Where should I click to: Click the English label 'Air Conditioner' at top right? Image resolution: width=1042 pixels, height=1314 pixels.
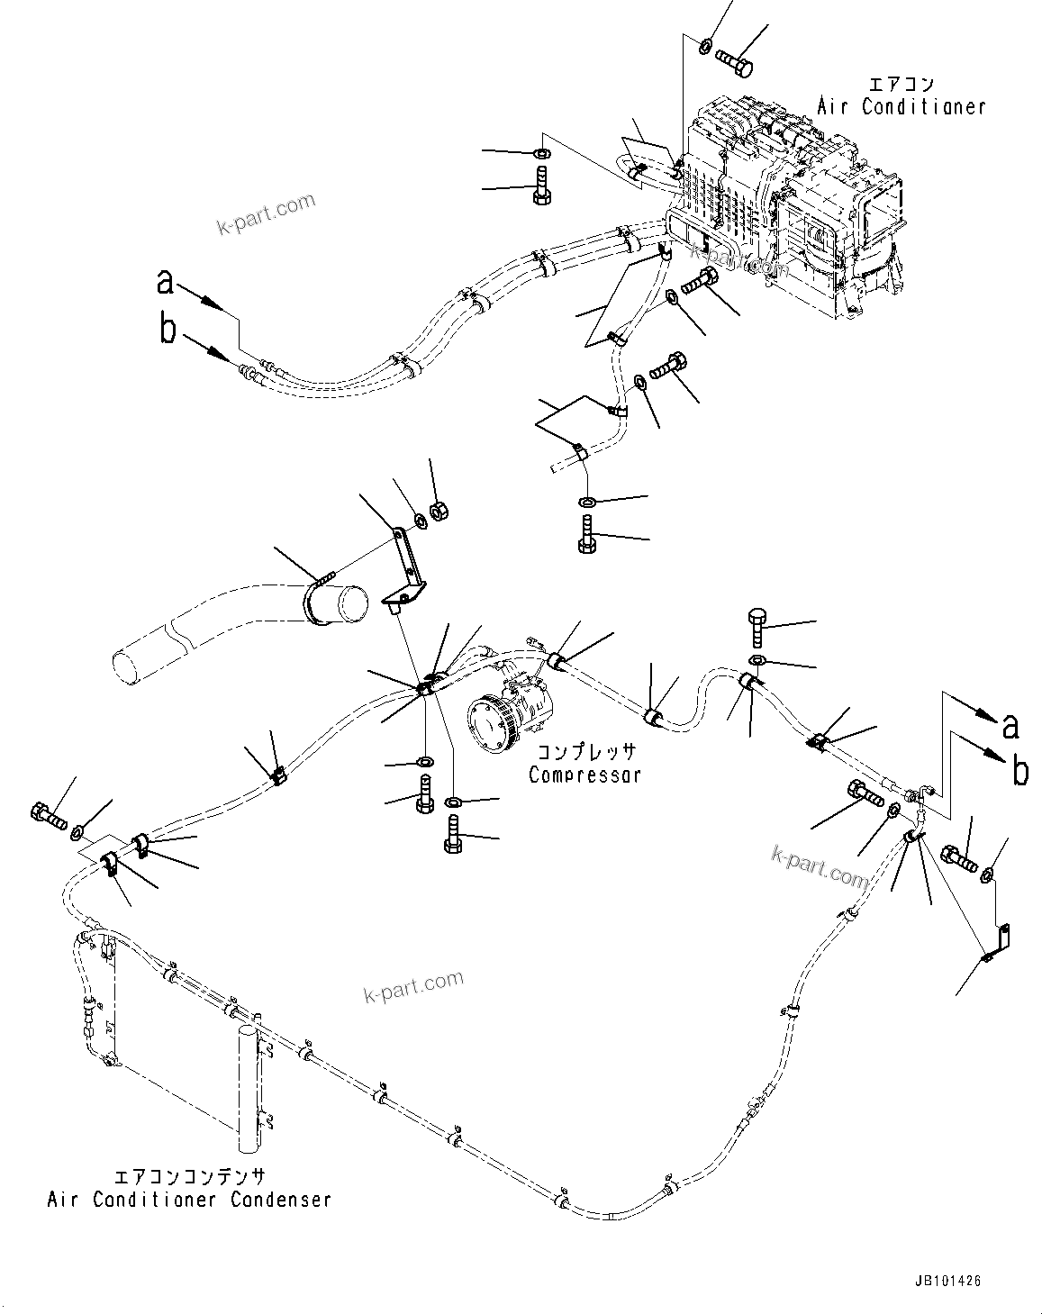pos(901,106)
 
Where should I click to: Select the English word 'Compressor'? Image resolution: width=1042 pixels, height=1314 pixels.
pos(584,774)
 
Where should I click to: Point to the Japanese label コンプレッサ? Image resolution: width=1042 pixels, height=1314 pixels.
pos(586,752)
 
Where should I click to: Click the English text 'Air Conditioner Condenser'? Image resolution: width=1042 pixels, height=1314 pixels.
pos(189,1200)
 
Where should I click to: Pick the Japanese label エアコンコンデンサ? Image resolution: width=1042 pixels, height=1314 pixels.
pos(189,1177)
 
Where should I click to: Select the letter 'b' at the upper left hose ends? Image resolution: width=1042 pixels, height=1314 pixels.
pos(168,330)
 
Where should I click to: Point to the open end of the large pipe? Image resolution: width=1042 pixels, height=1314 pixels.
pos(328,601)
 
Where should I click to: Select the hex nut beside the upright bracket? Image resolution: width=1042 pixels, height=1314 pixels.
pos(441,513)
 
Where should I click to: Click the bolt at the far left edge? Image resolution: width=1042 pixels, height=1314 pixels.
pos(48,817)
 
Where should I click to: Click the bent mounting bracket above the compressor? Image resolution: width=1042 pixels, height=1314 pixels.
pos(404,571)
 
